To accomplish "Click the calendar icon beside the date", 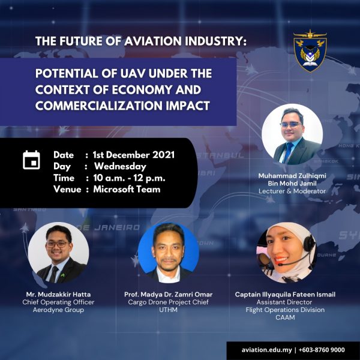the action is coord(31,160).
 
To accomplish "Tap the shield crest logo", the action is coord(310,51).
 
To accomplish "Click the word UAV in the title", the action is coord(133,73).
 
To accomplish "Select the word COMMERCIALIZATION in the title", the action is coord(99,106).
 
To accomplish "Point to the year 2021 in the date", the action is coord(164,155).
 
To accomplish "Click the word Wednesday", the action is coord(121,167).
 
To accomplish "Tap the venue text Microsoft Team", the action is coord(127,190).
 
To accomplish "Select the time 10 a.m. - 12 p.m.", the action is coord(129,178).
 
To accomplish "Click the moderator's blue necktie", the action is coord(287,152).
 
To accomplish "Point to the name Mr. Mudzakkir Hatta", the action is coord(58,295).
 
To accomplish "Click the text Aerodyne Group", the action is coord(58,310).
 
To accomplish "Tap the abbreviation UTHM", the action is coord(168,310).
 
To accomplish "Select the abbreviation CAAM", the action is coord(285,317).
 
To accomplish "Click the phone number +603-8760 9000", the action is coord(322,350).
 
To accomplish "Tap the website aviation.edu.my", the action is coord(266,350).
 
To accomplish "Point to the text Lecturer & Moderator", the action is coord(292,191).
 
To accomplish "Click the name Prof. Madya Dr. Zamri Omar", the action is coord(168,295).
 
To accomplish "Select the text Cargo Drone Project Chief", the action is coord(168,302).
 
